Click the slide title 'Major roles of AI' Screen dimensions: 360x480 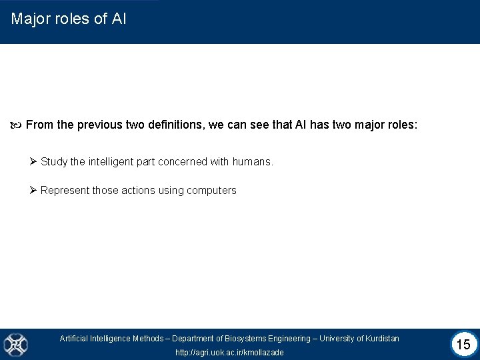coord(69,19)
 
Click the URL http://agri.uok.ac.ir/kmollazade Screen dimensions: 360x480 coord(229,352)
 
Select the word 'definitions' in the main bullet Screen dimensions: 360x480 coord(171,125)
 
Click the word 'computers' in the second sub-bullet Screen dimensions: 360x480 coord(212,191)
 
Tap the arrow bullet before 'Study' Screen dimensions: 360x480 coord(33,161)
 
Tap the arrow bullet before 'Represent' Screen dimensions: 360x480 coord(33,191)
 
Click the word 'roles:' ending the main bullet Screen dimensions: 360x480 coord(401,125)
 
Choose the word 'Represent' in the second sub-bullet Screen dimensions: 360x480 coord(65,191)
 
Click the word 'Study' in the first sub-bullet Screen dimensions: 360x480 coord(53,161)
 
